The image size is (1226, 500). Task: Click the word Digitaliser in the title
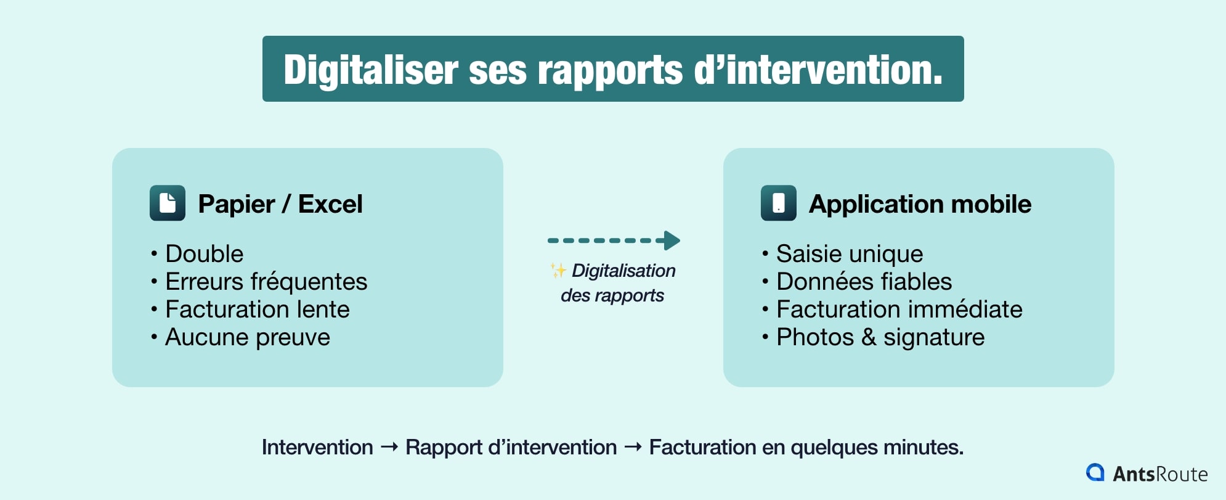click(370, 70)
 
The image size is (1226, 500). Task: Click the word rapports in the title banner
click(610, 70)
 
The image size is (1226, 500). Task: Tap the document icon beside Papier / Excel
click(168, 203)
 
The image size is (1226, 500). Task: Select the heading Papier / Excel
click(280, 204)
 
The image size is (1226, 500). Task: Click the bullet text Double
click(204, 254)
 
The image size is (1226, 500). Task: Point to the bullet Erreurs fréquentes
click(266, 282)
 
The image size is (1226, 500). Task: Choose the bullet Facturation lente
click(257, 309)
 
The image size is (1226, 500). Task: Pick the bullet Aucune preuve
click(247, 337)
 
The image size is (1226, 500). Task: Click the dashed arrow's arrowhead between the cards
click(672, 240)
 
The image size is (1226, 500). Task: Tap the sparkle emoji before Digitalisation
click(558, 271)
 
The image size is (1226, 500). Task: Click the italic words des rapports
click(612, 295)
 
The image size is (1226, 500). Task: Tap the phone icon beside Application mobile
click(779, 203)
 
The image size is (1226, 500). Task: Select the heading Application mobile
click(920, 204)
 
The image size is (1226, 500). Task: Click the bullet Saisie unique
click(849, 254)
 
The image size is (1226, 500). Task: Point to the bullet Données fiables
click(864, 282)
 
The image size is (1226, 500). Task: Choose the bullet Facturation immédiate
click(899, 309)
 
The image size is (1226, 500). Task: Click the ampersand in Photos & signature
click(869, 337)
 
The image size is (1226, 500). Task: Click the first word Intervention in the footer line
click(317, 447)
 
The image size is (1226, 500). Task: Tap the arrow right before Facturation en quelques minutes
click(633, 446)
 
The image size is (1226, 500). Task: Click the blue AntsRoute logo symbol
click(1095, 472)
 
